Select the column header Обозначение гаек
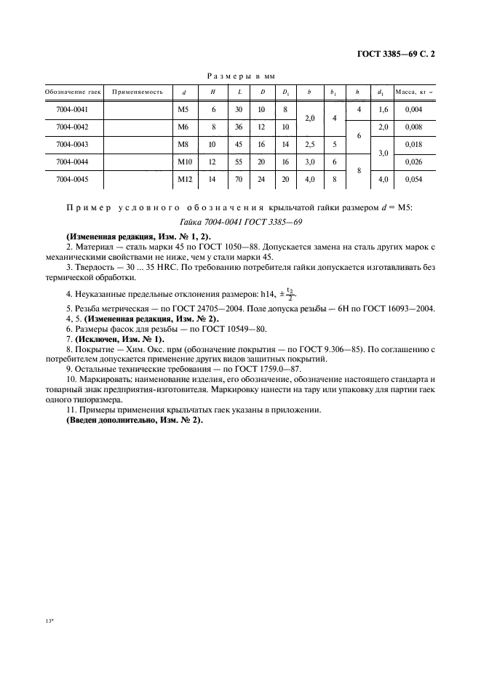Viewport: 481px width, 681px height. [x=71, y=92]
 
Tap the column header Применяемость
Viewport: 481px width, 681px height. [x=138, y=92]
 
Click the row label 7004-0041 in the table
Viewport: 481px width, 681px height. [x=71, y=109]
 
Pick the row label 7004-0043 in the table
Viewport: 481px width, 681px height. [x=71, y=144]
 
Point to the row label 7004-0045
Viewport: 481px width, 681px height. [x=71, y=179]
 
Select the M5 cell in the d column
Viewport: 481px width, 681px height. [x=183, y=109]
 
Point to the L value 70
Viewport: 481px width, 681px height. [x=239, y=179]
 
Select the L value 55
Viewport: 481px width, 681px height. [x=239, y=162]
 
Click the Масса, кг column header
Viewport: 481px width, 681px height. [x=413, y=92]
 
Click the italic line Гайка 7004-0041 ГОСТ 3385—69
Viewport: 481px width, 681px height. [x=239, y=222]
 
